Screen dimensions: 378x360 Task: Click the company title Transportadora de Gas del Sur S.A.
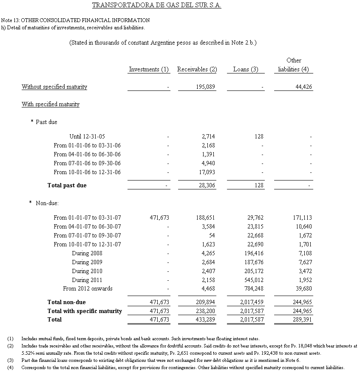click(156, 6)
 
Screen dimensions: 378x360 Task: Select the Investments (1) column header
click(149, 69)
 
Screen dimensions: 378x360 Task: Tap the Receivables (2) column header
click(197, 69)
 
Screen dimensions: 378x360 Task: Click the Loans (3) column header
click(246, 69)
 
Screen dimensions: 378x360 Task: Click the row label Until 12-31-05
click(87, 136)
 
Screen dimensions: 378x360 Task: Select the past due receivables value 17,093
click(207, 172)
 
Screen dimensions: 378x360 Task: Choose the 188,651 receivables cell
click(205, 217)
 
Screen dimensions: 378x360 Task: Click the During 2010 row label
click(87, 271)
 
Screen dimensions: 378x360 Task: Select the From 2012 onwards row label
click(88, 288)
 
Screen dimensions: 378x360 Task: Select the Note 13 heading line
click(75, 20)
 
